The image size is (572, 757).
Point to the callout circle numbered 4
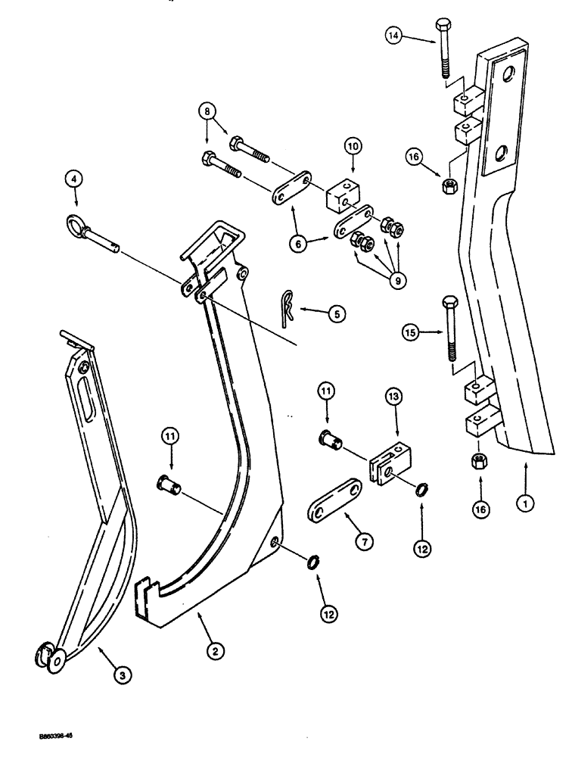[x=73, y=180]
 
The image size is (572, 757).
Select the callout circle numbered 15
[x=409, y=332]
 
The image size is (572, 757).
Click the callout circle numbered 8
[x=207, y=110]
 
